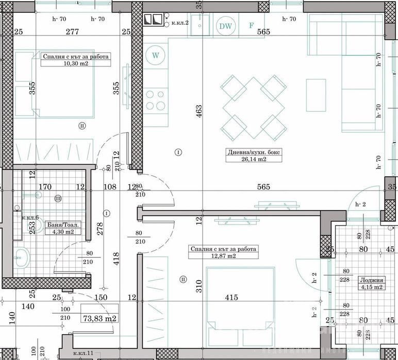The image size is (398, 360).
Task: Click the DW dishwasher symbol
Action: (x=225, y=26)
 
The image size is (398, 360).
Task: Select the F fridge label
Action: (x=252, y=25)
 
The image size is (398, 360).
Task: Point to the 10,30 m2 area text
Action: (x=75, y=64)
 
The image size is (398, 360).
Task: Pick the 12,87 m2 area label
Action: (x=223, y=256)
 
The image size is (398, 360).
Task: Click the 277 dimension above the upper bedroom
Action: (x=72, y=32)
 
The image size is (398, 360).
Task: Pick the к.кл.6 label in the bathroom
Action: (x=30, y=218)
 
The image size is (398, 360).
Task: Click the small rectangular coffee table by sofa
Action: (x=316, y=95)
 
